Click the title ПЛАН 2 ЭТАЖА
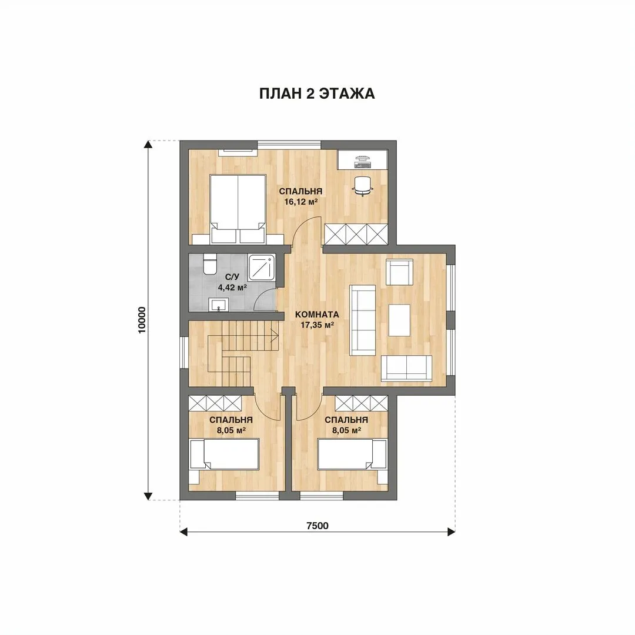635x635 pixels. (317, 93)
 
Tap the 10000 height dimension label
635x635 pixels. (142, 320)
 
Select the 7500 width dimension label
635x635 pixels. (317, 526)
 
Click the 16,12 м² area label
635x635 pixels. (300, 202)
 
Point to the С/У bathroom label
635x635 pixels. (232, 277)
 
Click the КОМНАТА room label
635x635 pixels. (317, 314)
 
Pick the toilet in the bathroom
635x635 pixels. (210, 265)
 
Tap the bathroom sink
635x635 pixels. (219, 305)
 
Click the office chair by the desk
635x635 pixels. (363, 186)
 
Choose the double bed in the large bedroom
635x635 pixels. (238, 209)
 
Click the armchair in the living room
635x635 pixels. (399, 272)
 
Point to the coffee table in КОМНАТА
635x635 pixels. (399, 320)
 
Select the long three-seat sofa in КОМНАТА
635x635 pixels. (362, 320)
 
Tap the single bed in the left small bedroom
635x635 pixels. (224, 454)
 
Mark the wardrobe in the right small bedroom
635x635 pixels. (361, 403)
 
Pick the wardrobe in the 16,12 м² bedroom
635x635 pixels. (356, 234)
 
